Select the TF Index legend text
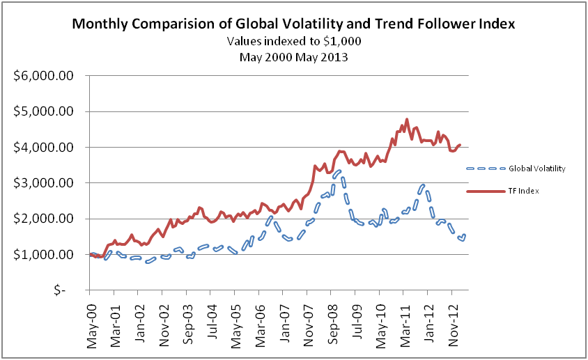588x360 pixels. tap(523, 190)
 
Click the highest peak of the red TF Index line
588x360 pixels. tap(407, 119)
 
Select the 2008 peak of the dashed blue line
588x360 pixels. tap(338, 171)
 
